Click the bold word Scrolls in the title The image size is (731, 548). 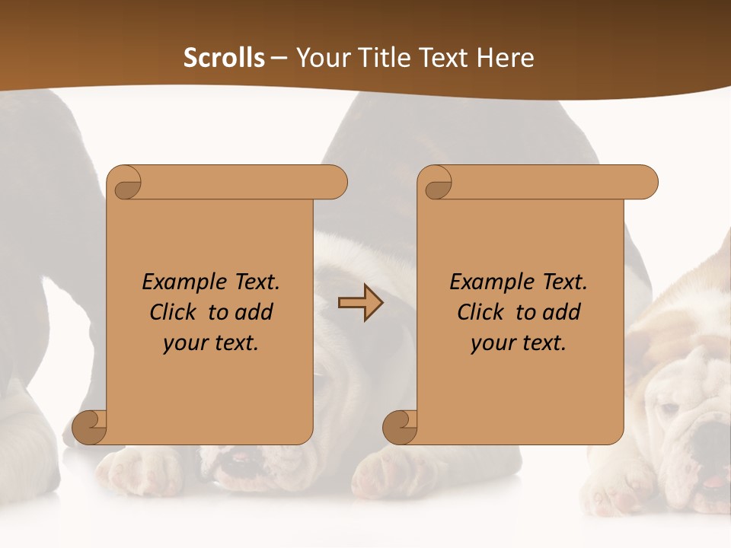(224, 58)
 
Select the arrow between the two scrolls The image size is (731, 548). (360, 302)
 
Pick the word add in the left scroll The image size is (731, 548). (254, 312)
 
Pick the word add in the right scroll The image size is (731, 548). (562, 312)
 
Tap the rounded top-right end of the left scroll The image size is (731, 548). (335, 183)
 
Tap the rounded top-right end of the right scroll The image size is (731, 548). (646, 183)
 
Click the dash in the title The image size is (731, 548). (279, 58)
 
